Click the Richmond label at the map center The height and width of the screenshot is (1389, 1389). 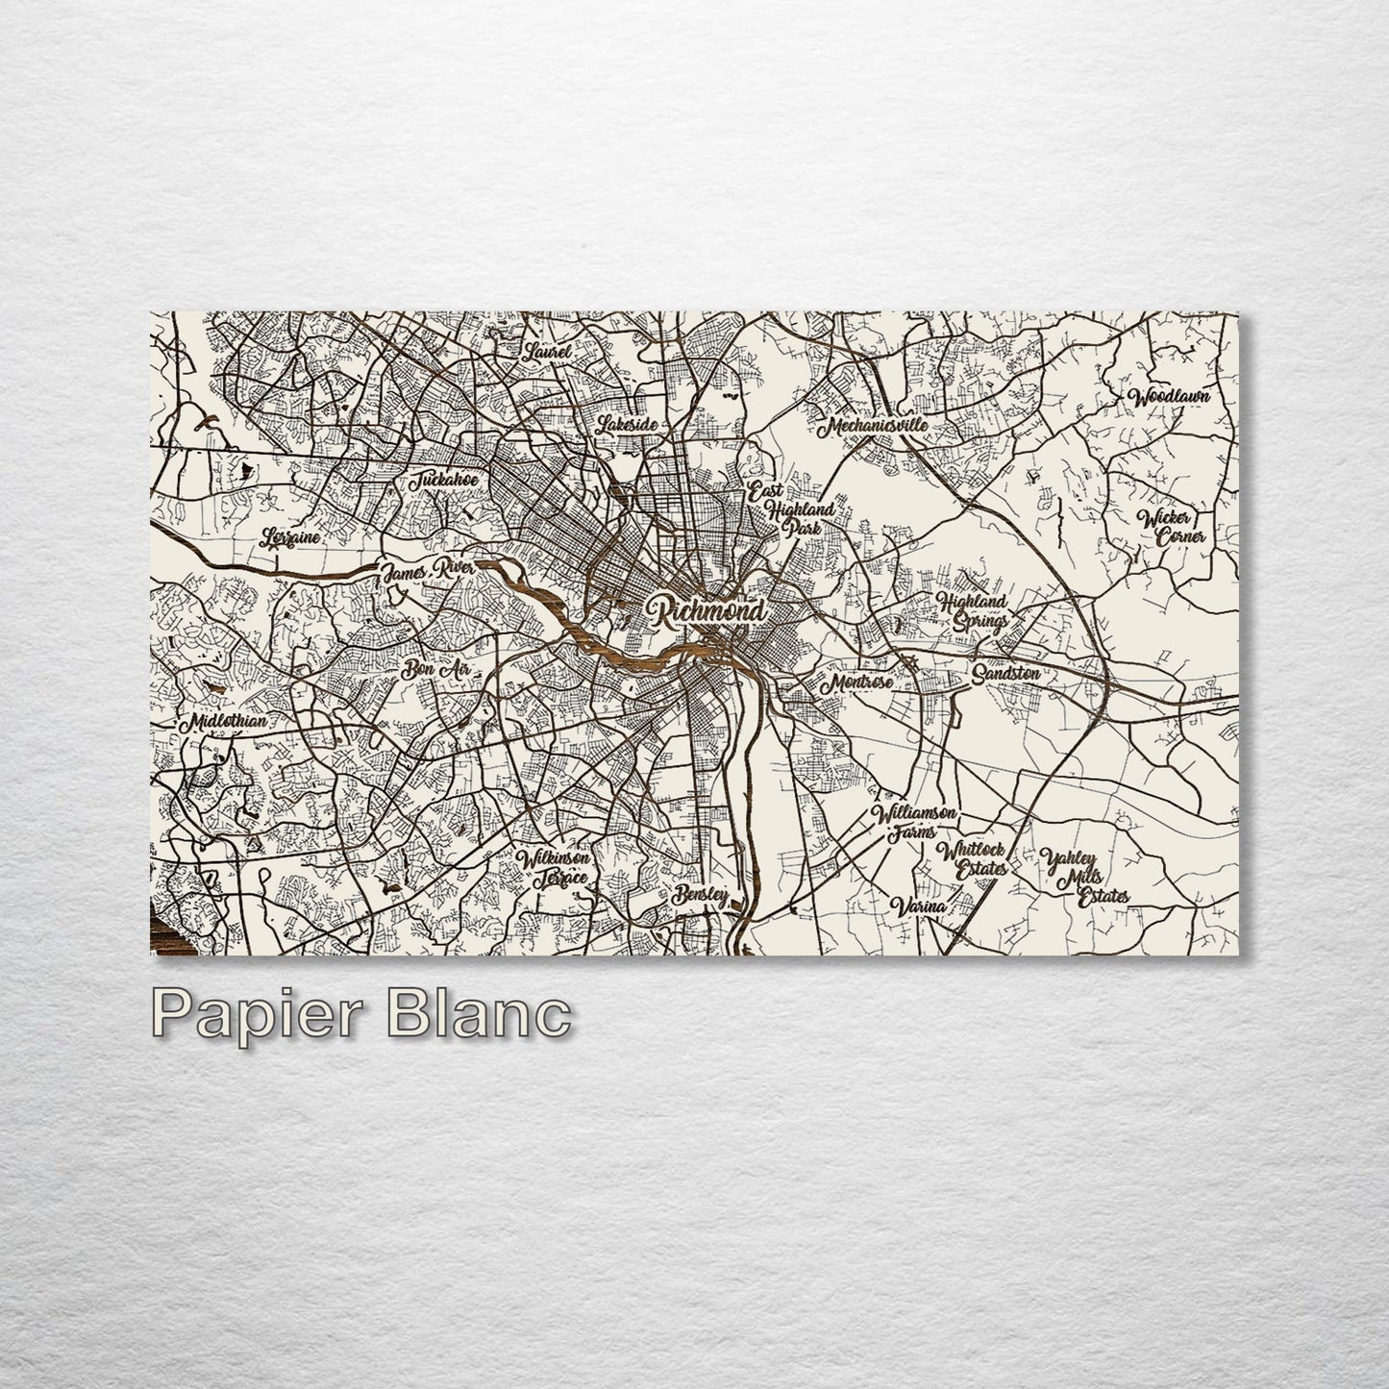707,610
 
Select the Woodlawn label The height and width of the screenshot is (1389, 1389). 1169,396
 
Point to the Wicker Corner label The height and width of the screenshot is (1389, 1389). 1171,527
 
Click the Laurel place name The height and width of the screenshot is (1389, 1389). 548,352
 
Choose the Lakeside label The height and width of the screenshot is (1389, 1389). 627,424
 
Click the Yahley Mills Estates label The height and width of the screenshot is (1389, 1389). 1086,876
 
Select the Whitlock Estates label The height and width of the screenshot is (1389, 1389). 973,858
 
